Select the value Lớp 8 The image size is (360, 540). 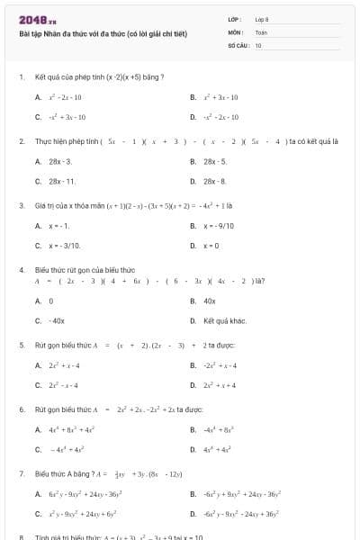click(262, 19)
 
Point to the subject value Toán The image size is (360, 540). click(261, 31)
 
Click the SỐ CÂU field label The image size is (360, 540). click(237, 44)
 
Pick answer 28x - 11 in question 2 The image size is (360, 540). click(61, 181)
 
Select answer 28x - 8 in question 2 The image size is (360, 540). click(215, 181)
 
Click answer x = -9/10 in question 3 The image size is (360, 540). click(220, 225)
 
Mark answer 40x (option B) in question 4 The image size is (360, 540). click(210, 301)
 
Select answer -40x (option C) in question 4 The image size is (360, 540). click(57, 320)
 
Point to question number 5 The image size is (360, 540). click(21, 345)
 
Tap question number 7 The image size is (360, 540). click(21, 472)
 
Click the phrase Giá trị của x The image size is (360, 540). click(57, 205)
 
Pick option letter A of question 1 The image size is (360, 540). click(38, 96)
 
